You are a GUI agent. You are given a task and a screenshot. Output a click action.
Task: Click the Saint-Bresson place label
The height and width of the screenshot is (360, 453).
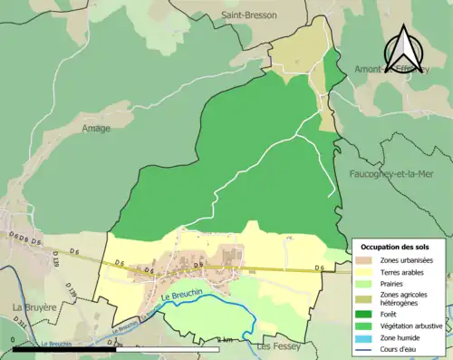(249, 15)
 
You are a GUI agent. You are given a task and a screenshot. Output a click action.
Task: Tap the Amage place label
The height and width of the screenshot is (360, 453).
(95, 128)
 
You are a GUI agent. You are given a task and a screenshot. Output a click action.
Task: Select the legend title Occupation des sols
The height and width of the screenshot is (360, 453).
(397, 247)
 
